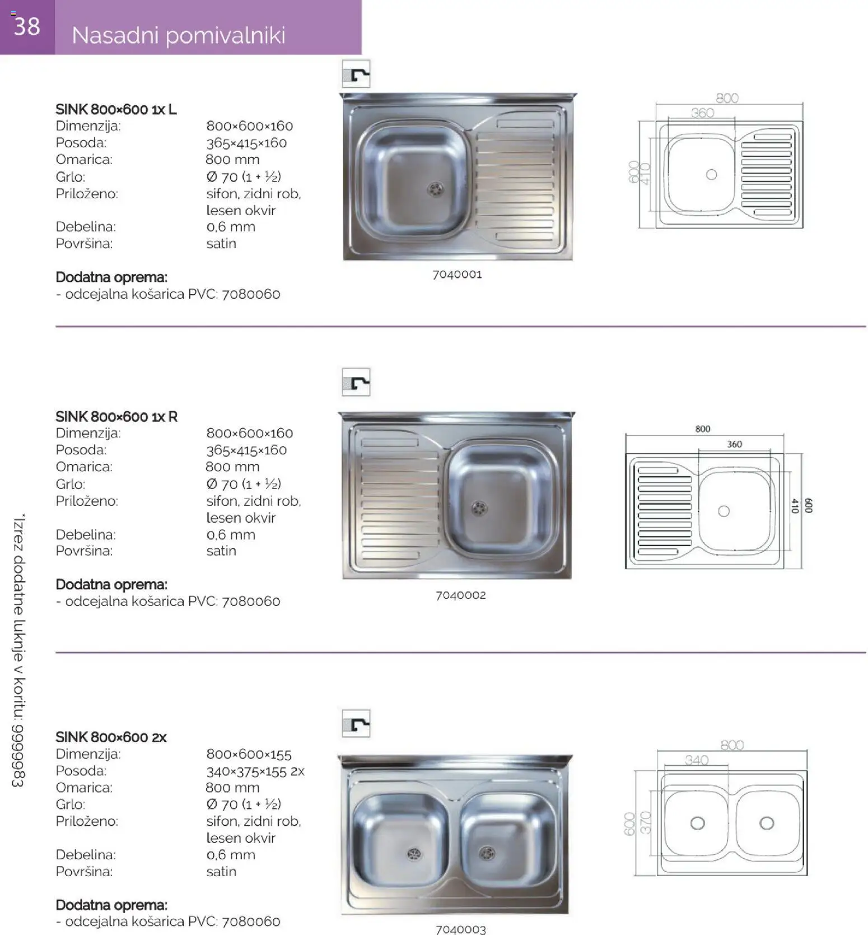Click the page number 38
click(27, 26)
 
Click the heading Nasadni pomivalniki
click(179, 35)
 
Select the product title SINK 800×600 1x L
click(116, 109)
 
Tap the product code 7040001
click(457, 275)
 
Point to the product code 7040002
click(460, 595)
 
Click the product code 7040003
click(460, 929)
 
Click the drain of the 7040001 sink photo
click(435, 189)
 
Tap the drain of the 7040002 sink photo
click(479, 508)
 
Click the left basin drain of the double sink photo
click(414, 854)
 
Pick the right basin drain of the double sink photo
click(487, 853)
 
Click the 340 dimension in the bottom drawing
click(696, 760)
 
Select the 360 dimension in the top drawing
click(702, 113)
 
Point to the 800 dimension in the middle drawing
click(702, 429)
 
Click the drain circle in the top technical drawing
click(711, 174)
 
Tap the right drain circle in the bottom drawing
click(767, 823)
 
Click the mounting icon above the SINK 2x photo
click(356, 724)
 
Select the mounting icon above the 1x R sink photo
click(356, 383)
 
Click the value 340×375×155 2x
click(255, 771)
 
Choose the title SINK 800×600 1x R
click(116, 417)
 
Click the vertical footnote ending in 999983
click(19, 650)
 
